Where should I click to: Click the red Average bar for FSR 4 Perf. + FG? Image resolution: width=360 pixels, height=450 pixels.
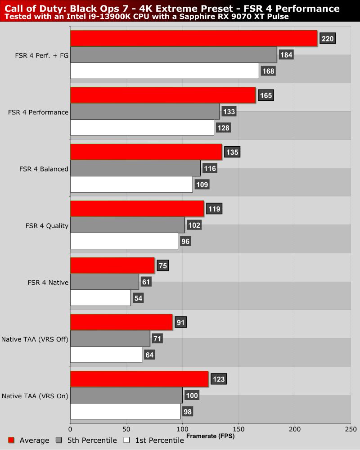(193, 39)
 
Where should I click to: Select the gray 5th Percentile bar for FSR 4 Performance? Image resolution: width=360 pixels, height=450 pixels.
(145, 112)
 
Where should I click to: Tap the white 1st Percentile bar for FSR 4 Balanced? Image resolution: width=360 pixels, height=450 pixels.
(131, 184)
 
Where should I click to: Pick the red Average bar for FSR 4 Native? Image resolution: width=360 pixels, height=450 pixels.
(112, 266)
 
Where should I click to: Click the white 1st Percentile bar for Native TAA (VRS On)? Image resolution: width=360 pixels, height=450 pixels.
(125, 411)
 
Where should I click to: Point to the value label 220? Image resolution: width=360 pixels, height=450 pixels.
(328, 39)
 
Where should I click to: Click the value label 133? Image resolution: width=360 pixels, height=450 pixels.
(229, 112)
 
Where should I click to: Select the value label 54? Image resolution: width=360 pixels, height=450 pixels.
(138, 298)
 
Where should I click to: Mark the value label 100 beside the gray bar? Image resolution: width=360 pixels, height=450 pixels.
(192, 396)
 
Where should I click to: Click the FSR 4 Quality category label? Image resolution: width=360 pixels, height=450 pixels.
(47, 225)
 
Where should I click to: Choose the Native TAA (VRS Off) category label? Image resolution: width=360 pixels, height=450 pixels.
(35, 339)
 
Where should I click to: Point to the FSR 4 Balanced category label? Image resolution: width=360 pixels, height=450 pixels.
(44, 169)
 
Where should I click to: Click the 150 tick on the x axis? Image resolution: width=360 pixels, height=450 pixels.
(238, 429)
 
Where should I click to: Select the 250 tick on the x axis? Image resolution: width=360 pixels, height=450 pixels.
(351, 429)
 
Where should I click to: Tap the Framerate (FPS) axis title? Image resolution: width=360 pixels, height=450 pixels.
(210, 436)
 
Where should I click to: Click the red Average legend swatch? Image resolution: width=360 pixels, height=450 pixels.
(12, 440)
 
